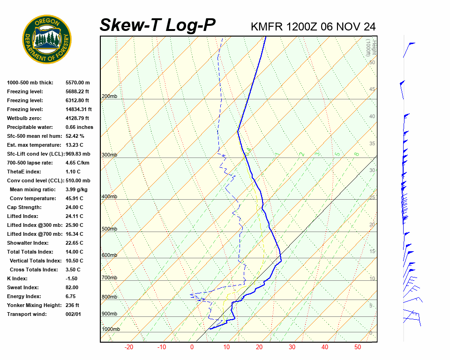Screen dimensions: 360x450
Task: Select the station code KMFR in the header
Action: [x=265, y=27]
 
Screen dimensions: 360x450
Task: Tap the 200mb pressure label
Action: [x=109, y=97]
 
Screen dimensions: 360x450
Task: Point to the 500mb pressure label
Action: [x=109, y=229]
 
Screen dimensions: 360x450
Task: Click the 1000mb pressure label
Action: [x=111, y=330]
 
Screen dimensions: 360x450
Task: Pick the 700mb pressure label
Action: [x=109, y=278]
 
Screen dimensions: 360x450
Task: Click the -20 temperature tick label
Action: [x=129, y=347]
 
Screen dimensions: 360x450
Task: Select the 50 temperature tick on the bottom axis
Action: [x=358, y=347]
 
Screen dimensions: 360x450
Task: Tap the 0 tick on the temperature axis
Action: [x=192, y=347]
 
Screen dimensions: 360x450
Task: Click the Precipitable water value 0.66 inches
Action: [x=79, y=127]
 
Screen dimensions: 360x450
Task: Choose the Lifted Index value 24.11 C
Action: [x=74, y=216]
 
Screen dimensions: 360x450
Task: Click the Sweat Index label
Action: [x=23, y=287]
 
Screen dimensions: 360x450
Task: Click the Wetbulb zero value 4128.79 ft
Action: [x=77, y=118]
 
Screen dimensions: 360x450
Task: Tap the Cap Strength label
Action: [x=24, y=207]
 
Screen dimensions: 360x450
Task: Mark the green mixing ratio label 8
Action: [x=356, y=154]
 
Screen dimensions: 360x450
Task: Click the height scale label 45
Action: [x=372, y=90]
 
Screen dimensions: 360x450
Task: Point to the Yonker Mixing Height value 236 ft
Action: [x=72, y=305]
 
